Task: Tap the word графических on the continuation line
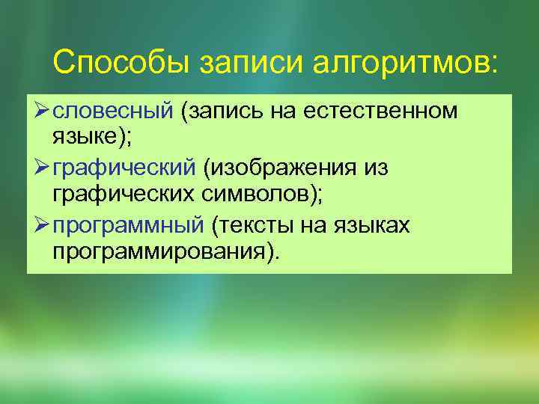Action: [124, 194]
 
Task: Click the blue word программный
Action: [129, 223]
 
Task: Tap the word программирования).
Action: [165, 250]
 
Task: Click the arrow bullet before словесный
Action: [40, 111]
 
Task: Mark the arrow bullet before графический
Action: [40, 167]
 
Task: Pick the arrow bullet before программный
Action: [40, 223]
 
